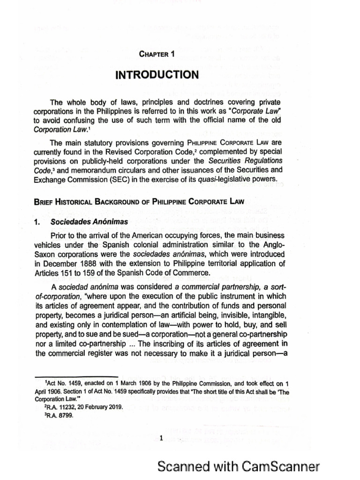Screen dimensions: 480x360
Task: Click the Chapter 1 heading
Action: pos(157,54)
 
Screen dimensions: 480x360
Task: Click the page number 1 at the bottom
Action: pos(160,439)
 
